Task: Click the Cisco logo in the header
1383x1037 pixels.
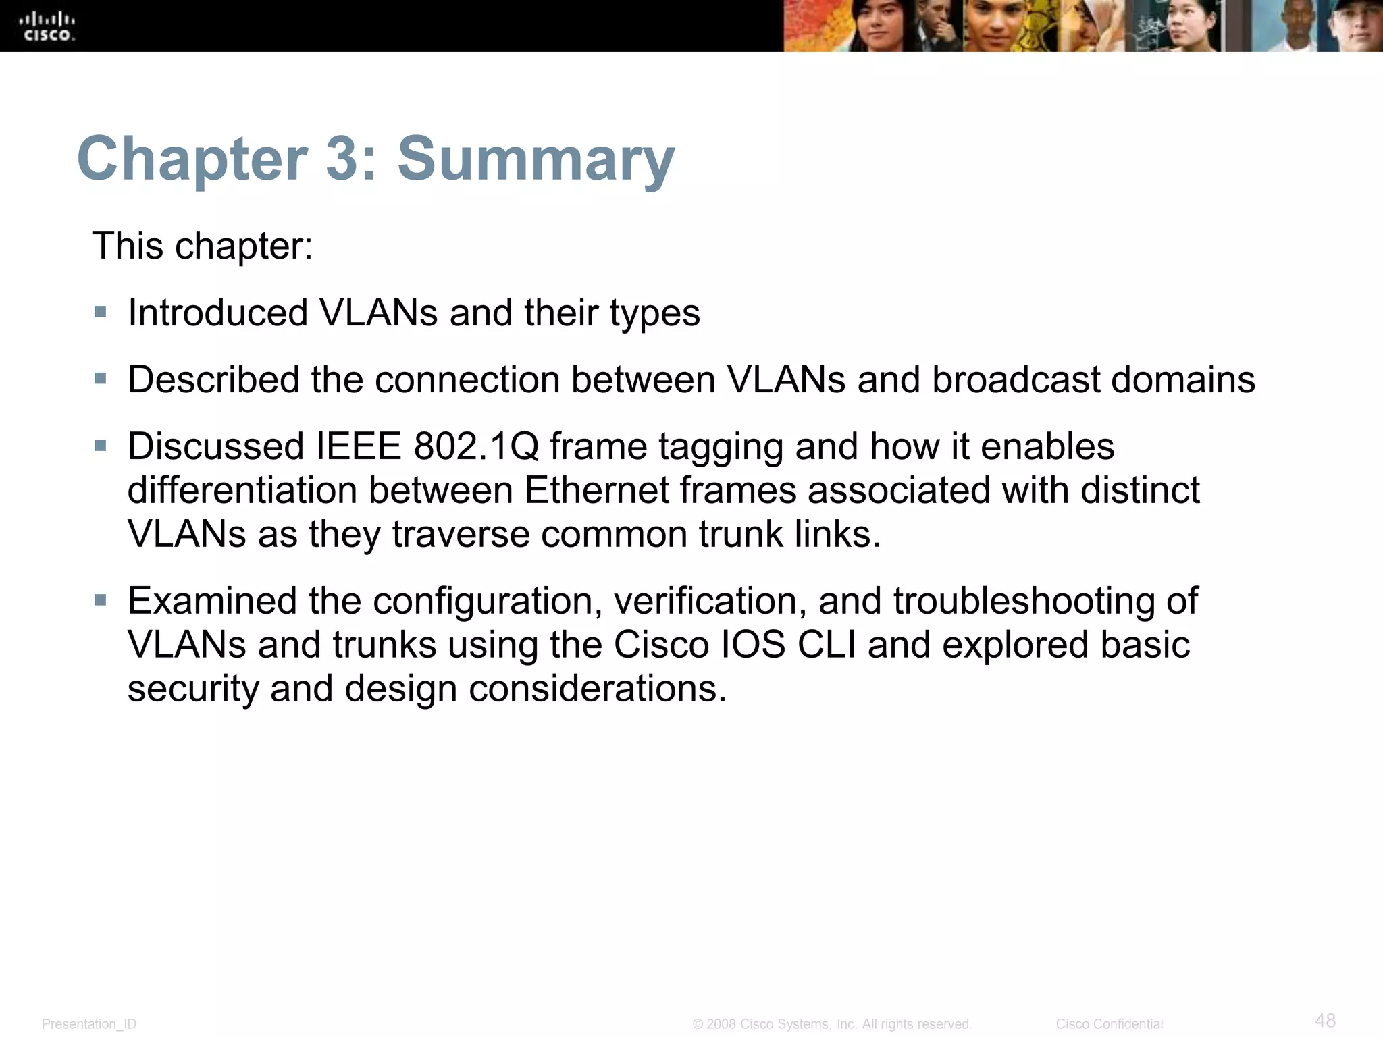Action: pyautogui.click(x=49, y=26)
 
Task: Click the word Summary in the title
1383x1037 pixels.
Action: pyautogui.click(x=536, y=159)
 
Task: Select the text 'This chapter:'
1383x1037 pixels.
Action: pyautogui.click(x=203, y=246)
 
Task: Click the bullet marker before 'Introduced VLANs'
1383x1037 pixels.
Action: pyautogui.click(x=101, y=312)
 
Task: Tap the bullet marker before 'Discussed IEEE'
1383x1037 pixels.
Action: pyautogui.click(x=101, y=446)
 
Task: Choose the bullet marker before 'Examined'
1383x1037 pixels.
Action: pyautogui.click(x=101, y=600)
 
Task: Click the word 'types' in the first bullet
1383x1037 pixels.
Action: pyautogui.click(x=655, y=315)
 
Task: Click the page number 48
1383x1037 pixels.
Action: pyautogui.click(x=1326, y=1019)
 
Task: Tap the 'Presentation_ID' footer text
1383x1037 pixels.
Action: pyautogui.click(x=89, y=1024)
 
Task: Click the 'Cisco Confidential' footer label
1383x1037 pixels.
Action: pyautogui.click(x=1110, y=1024)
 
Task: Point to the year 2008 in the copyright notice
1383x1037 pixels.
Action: pyautogui.click(x=721, y=1024)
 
